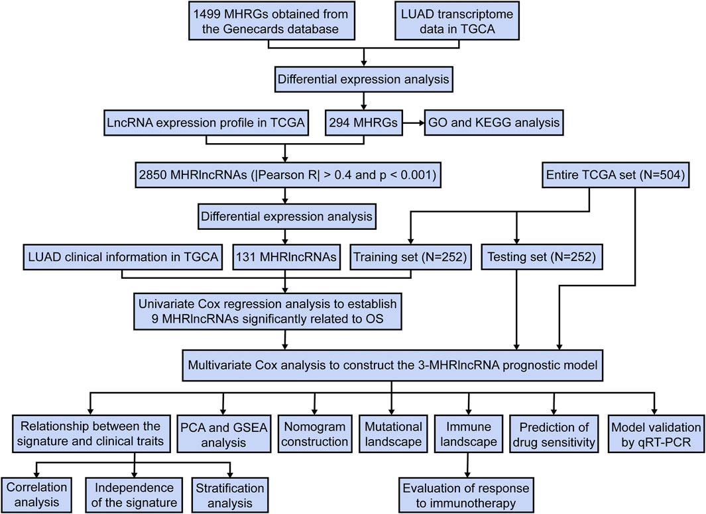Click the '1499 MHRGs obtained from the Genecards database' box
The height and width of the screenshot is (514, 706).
click(271, 21)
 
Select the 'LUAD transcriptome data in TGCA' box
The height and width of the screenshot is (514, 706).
click(457, 21)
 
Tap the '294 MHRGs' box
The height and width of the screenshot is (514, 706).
click(363, 123)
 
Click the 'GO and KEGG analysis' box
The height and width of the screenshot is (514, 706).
click(493, 123)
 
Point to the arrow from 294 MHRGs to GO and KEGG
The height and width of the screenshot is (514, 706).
click(414, 123)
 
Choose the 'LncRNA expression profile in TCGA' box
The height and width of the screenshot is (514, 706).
click(206, 123)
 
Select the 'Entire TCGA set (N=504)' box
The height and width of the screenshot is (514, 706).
click(615, 174)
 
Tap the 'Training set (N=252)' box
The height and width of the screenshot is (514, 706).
click(410, 257)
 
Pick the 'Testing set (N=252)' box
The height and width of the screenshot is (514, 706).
click(542, 257)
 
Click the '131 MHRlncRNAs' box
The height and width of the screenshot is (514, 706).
click(286, 257)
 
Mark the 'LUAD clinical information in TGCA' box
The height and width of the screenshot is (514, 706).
click(123, 257)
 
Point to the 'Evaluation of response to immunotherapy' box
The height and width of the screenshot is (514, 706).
click(466, 495)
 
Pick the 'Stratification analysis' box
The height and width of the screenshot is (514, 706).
click(230, 495)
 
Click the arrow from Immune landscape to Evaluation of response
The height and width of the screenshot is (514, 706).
click(468, 464)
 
